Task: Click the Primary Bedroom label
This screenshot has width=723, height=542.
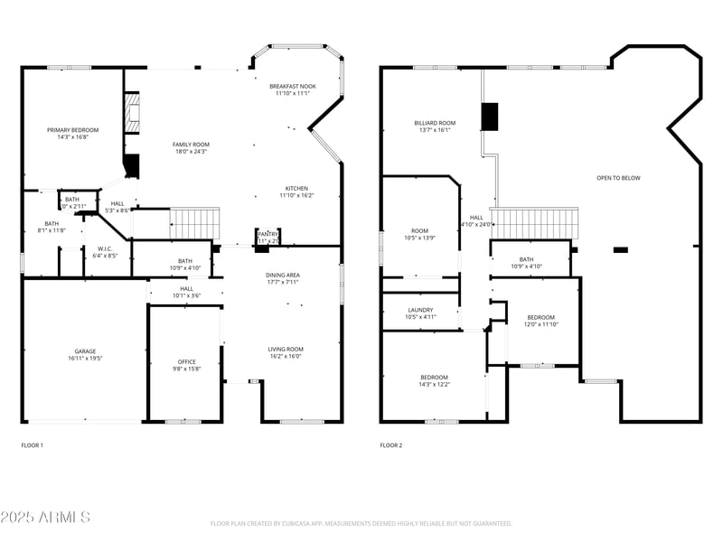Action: (x=72, y=130)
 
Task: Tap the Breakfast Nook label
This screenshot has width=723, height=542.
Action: (x=293, y=86)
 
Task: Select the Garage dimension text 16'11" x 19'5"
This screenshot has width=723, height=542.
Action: (x=85, y=360)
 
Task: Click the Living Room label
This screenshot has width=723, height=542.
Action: (x=285, y=349)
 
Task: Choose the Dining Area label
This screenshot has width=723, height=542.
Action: (x=282, y=275)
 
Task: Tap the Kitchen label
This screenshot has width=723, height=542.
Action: (x=296, y=188)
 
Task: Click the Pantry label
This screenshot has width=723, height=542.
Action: (x=268, y=233)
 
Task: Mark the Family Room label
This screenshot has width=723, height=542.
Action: (x=191, y=145)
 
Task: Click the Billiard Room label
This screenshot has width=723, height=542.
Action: (x=435, y=123)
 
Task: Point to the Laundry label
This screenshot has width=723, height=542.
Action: (x=420, y=310)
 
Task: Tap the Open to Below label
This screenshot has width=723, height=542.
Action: (x=618, y=178)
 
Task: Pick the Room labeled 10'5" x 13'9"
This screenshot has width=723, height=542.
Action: (x=420, y=230)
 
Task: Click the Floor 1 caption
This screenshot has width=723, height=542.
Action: (x=32, y=445)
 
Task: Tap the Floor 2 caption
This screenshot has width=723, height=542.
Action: (x=390, y=445)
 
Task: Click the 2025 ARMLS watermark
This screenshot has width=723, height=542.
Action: (x=45, y=517)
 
